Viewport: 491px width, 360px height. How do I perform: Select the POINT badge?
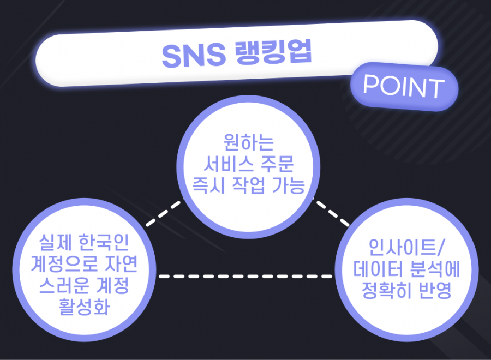coord(404,86)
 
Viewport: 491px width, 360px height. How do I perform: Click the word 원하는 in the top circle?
coord(249,142)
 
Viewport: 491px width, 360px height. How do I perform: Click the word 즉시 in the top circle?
coord(208,185)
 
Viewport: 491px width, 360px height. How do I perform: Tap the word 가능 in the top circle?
coord(289,185)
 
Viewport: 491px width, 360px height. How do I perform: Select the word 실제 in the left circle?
coord(56,243)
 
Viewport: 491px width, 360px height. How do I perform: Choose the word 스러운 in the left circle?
coord(64,285)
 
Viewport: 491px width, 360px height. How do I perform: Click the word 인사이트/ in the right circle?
coord(406,247)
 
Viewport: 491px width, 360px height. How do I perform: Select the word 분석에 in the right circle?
coord(435,269)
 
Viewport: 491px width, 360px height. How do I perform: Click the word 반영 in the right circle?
coord(435,290)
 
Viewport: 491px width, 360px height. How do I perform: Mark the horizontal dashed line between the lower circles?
coord(245,277)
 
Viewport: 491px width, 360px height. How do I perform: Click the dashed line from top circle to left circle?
coord(164,213)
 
